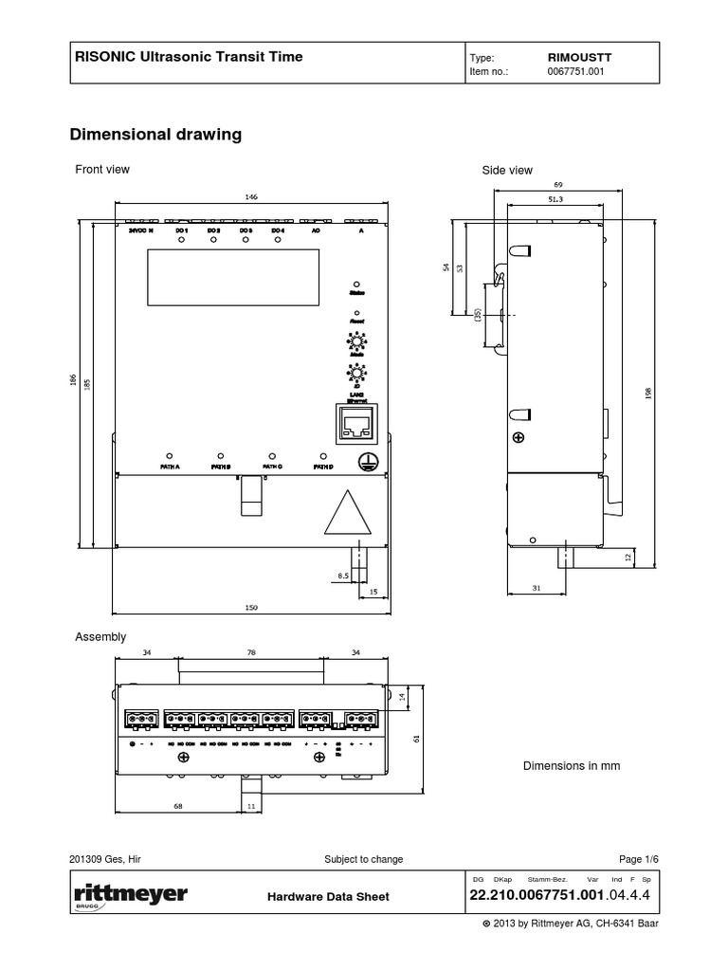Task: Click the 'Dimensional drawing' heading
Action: coord(155,135)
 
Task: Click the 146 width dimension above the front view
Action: coord(251,197)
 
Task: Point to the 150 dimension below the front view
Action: coord(251,608)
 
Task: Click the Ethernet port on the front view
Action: coord(356,425)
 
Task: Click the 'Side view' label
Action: coord(507,171)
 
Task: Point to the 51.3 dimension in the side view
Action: coord(555,199)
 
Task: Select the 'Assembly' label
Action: coord(100,637)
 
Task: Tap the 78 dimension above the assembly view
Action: coord(250,652)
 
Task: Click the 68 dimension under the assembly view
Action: coord(177,805)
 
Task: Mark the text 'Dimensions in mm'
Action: coord(572,765)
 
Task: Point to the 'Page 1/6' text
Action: coord(638,859)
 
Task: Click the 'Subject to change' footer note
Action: coord(363,859)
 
